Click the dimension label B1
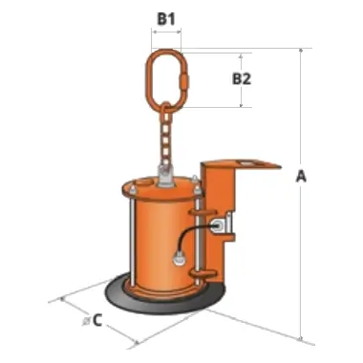coord(166,19)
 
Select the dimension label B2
coord(242,79)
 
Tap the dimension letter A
coord(301,176)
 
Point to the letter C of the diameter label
coord(97,320)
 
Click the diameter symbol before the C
coord(86,321)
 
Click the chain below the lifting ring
coord(165,137)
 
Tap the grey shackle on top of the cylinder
coord(166,176)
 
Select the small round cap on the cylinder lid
coord(143,183)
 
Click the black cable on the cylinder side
coord(191,234)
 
